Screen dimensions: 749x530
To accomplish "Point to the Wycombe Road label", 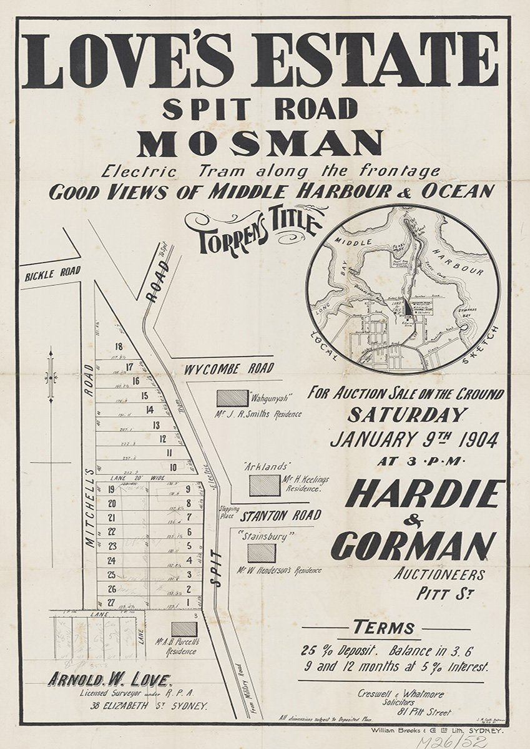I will (x=228, y=369).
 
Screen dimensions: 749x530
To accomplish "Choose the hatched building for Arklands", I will (x=265, y=485).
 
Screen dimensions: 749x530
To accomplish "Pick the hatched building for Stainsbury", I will (x=261, y=553).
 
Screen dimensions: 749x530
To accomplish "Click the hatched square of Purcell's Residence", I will (x=184, y=629).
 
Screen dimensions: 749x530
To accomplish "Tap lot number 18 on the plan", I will (x=116, y=348).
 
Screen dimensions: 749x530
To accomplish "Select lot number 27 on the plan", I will (x=112, y=602).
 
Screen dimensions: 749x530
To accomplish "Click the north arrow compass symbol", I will (x=51, y=376).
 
